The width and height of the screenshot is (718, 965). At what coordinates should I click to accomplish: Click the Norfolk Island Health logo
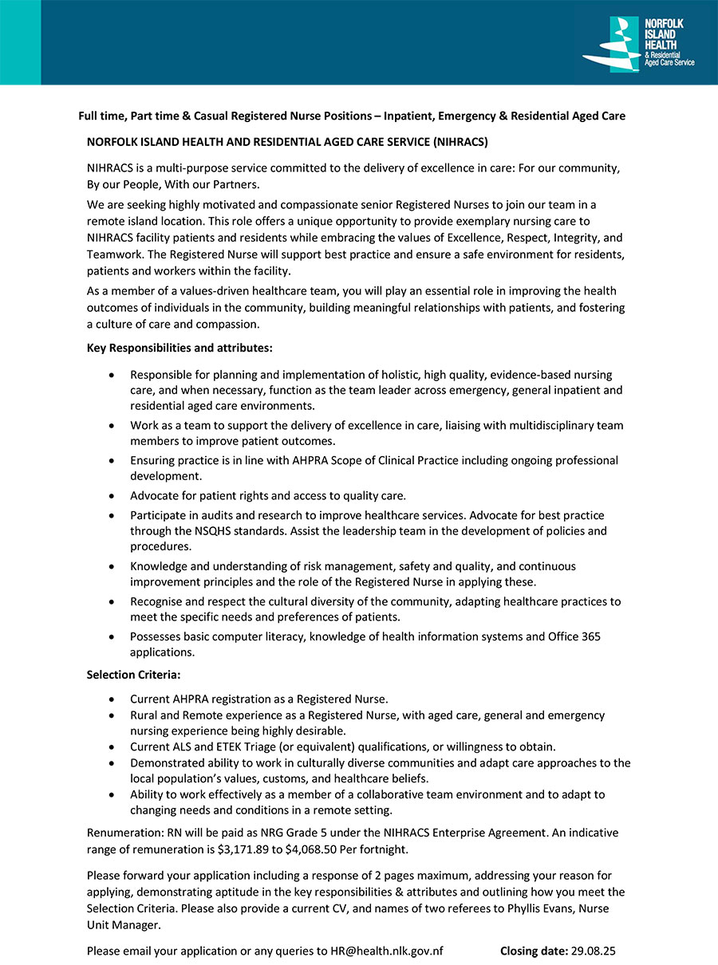point(638,45)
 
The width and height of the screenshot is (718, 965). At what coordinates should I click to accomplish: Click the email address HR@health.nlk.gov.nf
point(387,951)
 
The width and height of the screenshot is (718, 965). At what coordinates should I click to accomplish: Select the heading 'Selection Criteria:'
point(134,675)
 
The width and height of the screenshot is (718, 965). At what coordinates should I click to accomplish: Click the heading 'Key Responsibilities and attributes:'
point(179,348)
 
